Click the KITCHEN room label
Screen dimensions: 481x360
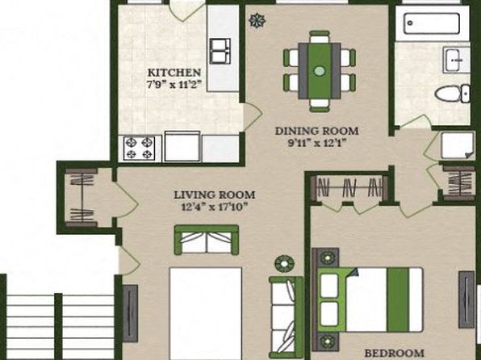(x=174, y=73)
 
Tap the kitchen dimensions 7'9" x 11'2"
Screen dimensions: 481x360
(x=174, y=85)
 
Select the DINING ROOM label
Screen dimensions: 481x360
(x=317, y=131)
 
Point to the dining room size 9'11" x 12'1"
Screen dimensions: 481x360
(x=318, y=143)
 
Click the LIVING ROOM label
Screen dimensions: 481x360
(x=215, y=195)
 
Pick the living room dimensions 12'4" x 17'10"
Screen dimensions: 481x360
(x=215, y=207)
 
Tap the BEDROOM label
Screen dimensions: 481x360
(x=395, y=353)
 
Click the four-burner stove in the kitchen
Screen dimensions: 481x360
(x=140, y=149)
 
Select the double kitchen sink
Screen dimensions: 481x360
(x=220, y=51)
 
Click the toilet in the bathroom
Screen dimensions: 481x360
(x=452, y=94)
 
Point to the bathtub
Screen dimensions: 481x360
(x=433, y=23)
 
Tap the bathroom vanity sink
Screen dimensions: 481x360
(x=456, y=60)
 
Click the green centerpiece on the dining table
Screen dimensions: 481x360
(x=320, y=71)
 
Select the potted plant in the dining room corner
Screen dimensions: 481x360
(x=257, y=20)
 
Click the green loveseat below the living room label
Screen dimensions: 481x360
(x=207, y=240)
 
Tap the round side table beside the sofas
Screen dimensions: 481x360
(x=284, y=264)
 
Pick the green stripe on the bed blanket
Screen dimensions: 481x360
(x=398, y=299)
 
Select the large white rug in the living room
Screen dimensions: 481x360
(x=206, y=313)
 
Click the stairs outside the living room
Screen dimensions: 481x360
(x=61, y=326)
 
